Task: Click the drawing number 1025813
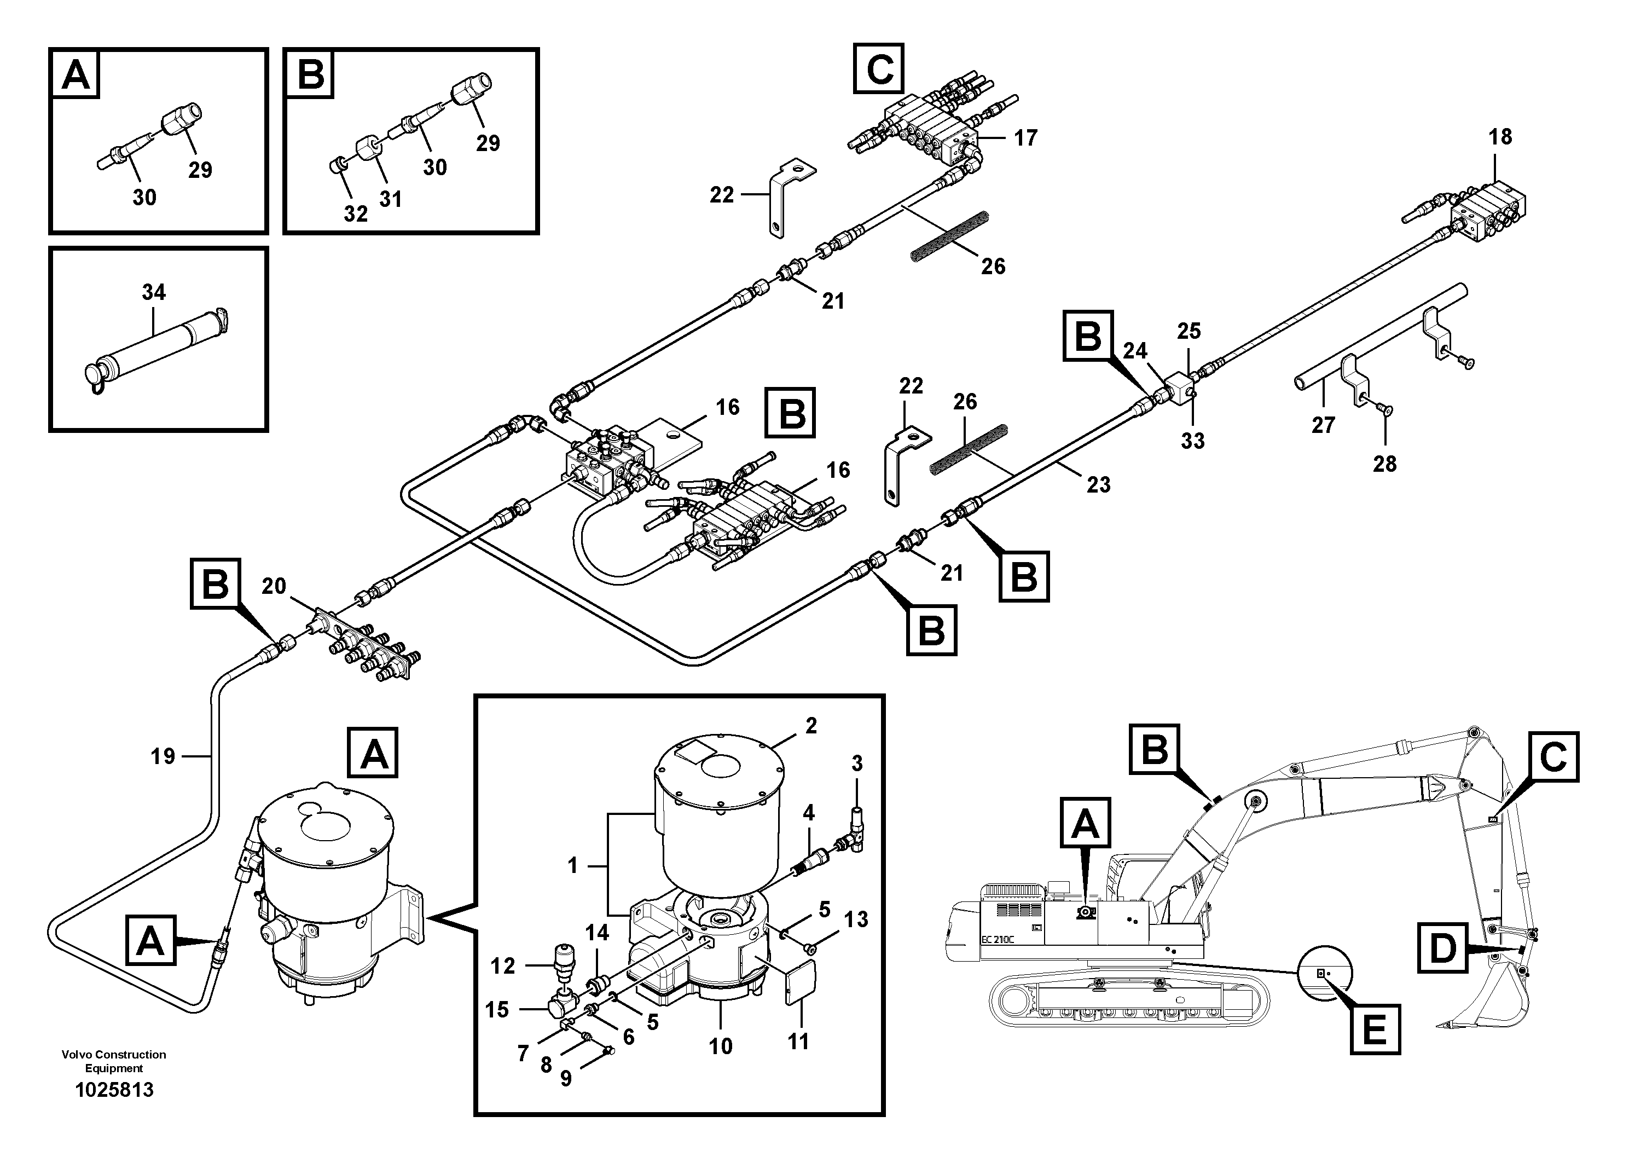(114, 1089)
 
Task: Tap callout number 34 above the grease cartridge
(153, 292)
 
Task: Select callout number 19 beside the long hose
(163, 756)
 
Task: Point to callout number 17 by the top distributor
(1025, 138)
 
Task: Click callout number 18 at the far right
(1500, 137)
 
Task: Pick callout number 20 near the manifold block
(274, 586)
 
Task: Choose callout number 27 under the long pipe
(1323, 425)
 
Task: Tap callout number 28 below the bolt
(1384, 464)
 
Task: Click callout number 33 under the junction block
(1193, 441)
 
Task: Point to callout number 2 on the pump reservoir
(811, 725)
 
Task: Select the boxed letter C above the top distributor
(880, 69)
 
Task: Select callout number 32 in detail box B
(356, 213)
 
